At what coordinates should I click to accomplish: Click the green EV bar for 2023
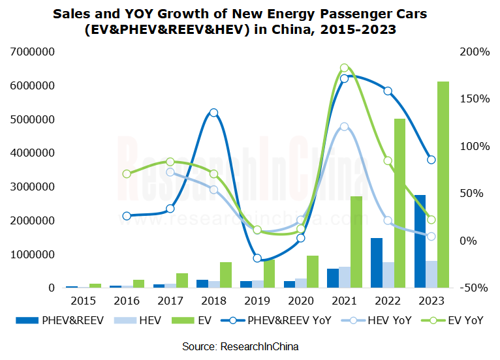[443, 185]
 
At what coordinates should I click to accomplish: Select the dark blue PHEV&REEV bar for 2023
[420, 241]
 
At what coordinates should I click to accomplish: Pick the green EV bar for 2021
[356, 242]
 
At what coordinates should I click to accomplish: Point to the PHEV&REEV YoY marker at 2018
[213, 113]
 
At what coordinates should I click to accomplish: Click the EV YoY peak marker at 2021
[345, 68]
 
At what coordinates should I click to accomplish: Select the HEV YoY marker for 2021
[345, 127]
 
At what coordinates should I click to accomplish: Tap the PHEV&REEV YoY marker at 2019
[257, 258]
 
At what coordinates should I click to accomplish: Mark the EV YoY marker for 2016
[127, 174]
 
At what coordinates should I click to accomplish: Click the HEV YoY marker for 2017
[170, 172]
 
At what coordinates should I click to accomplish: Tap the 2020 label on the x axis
[301, 301]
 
